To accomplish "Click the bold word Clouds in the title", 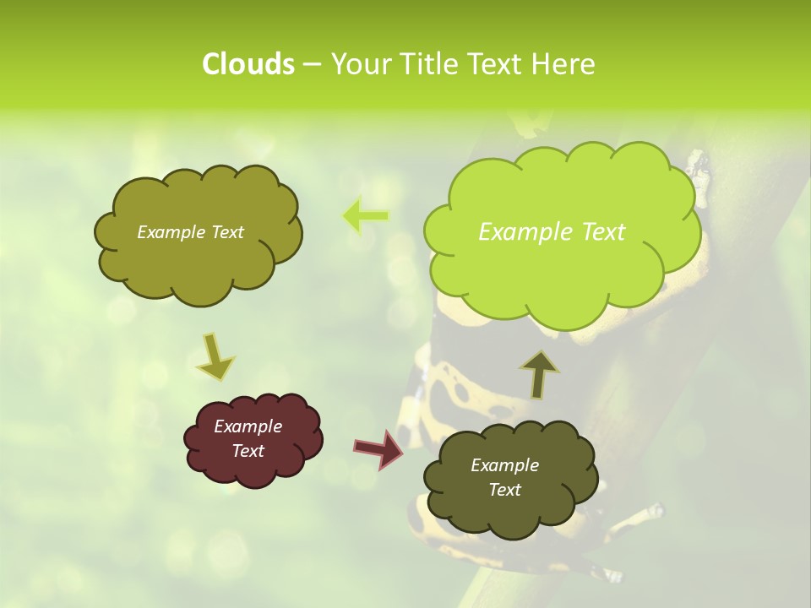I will (x=248, y=64).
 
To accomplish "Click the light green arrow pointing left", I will (x=365, y=216).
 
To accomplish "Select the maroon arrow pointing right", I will (x=378, y=448).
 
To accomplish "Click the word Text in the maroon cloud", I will (x=248, y=451).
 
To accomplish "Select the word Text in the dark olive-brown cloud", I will (x=504, y=490).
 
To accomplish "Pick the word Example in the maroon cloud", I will (x=248, y=426).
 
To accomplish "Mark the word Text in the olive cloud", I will (x=227, y=232).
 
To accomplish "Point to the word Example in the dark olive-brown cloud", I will (x=504, y=465).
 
